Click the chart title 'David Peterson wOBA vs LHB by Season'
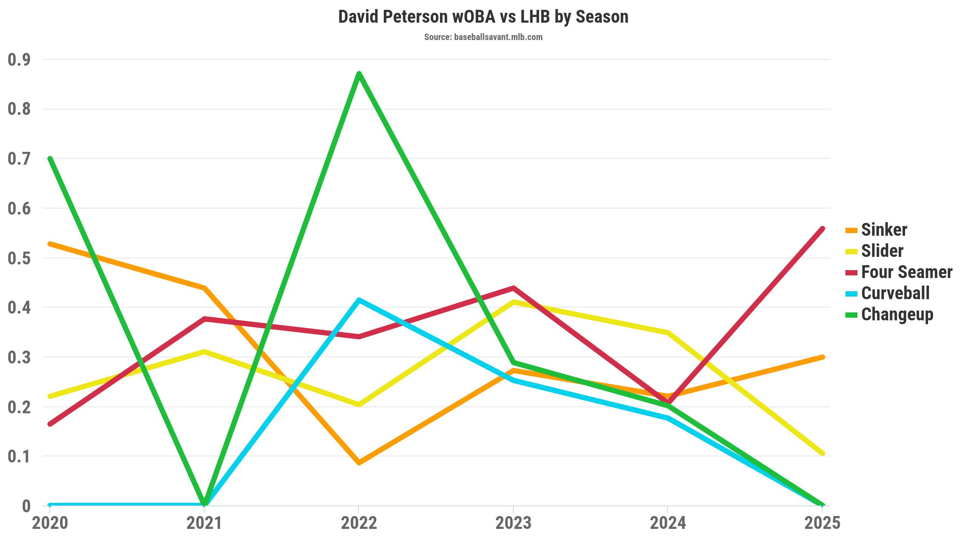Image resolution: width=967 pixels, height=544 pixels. click(x=483, y=17)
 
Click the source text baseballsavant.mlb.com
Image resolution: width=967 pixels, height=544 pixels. click(x=483, y=37)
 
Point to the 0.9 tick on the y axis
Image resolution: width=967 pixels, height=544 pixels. click(x=19, y=60)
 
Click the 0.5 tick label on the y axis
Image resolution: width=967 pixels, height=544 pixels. click(x=19, y=258)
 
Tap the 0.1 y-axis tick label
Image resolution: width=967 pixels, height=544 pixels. click(x=19, y=456)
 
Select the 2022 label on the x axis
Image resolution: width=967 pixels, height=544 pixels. click(x=359, y=524)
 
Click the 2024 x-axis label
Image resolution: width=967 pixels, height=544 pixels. click(x=668, y=524)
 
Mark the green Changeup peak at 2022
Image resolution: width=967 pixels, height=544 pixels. click(x=359, y=74)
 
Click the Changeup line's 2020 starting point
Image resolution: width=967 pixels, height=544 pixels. click(x=50, y=159)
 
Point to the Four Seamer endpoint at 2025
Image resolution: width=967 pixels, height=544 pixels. click(x=822, y=229)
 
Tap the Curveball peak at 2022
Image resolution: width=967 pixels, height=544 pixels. click(x=359, y=300)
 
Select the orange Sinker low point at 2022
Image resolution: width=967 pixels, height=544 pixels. click(x=359, y=462)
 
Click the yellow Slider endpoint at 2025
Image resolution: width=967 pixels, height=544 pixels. click(x=822, y=453)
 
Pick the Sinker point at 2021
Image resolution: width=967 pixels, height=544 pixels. click(x=204, y=288)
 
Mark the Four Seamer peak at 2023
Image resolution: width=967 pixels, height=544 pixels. click(x=513, y=288)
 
